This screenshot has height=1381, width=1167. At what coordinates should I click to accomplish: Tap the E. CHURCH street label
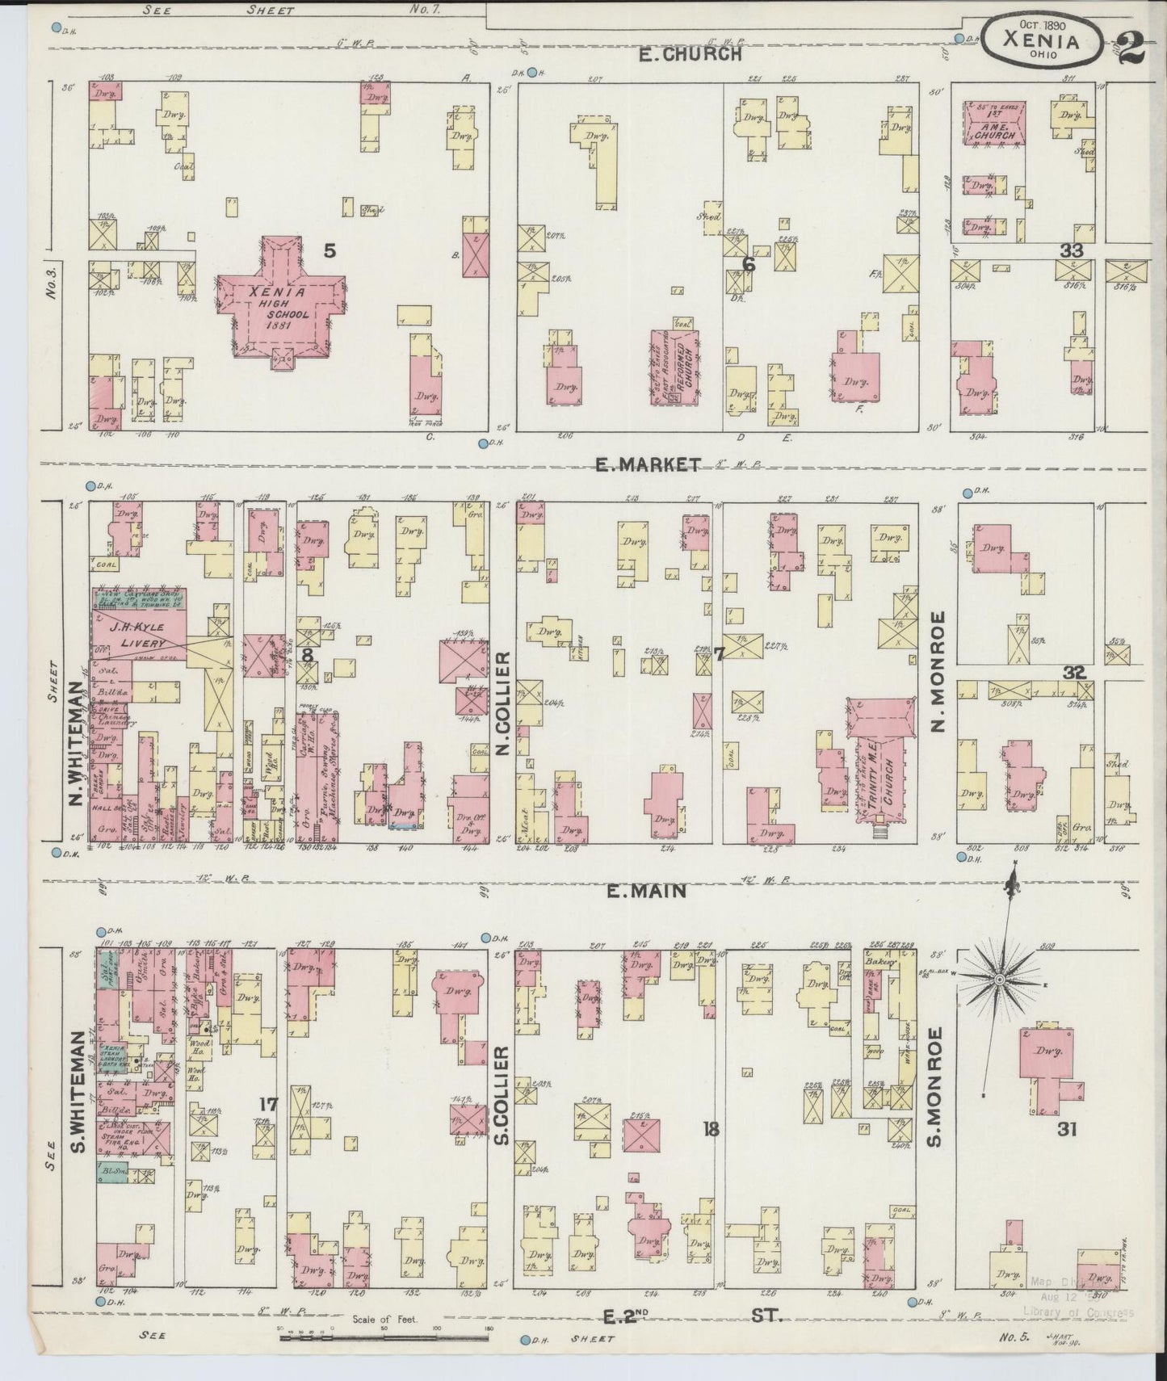point(689,54)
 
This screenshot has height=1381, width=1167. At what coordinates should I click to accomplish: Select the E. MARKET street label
point(647,464)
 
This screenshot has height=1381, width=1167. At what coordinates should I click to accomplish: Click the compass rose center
point(998,979)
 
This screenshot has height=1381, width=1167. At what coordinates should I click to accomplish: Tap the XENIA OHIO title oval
point(1042,39)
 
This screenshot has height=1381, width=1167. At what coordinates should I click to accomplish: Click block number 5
point(330,251)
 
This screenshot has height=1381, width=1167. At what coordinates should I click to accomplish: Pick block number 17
point(268,1105)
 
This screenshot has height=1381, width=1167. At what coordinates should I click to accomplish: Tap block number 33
point(1071,251)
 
